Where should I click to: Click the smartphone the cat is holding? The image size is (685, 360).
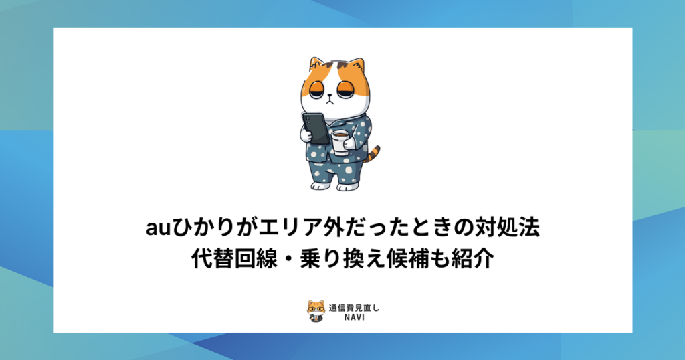(x=314, y=126)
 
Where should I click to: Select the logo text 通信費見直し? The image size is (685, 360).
(x=354, y=308)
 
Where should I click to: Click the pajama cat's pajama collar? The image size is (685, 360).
(x=328, y=119)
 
